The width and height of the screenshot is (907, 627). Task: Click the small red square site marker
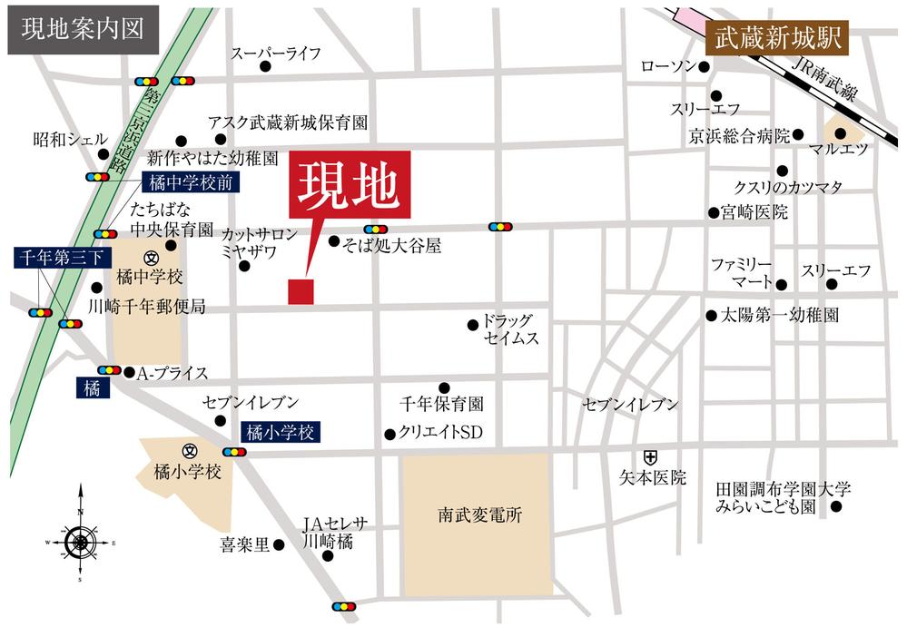tap(301, 291)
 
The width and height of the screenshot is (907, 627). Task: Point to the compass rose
tap(81, 542)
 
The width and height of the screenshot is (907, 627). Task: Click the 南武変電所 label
tap(476, 514)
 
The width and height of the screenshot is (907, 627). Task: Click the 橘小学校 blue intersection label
tap(280, 433)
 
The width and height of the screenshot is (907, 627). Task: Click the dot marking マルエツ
tap(840, 133)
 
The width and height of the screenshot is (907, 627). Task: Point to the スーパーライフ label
tap(276, 54)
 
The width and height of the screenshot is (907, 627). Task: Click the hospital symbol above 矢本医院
tap(651, 456)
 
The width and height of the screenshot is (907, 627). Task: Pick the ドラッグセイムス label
tap(510, 329)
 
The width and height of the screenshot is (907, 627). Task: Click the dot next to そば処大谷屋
tap(334, 242)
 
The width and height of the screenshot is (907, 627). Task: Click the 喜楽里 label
tap(244, 545)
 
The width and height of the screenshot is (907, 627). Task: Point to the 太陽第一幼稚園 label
tap(779, 316)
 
